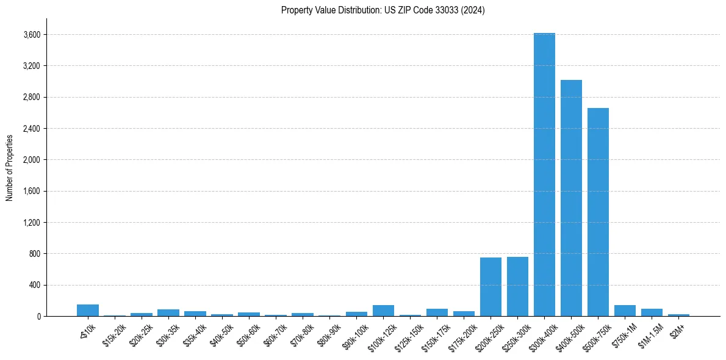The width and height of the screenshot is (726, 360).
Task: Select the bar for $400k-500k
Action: pos(571,198)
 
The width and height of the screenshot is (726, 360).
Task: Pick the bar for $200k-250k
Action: pos(491,287)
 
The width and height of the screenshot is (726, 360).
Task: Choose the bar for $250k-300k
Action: pos(517,286)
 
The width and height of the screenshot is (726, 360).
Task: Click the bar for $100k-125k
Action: pos(383,311)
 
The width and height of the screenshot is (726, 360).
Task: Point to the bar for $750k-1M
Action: pos(625,311)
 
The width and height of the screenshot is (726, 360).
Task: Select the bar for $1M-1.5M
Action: pos(652,312)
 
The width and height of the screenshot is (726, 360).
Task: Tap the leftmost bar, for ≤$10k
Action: pos(88,310)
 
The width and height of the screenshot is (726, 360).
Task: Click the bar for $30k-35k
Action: pos(168,312)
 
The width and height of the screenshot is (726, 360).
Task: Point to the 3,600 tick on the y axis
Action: pos(31,35)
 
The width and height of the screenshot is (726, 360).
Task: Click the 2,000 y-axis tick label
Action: pos(31,160)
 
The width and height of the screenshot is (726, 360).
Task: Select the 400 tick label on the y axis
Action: pos(34,285)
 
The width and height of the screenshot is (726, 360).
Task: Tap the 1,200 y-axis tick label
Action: pos(31,223)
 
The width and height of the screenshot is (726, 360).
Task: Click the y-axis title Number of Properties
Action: pos(9,167)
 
